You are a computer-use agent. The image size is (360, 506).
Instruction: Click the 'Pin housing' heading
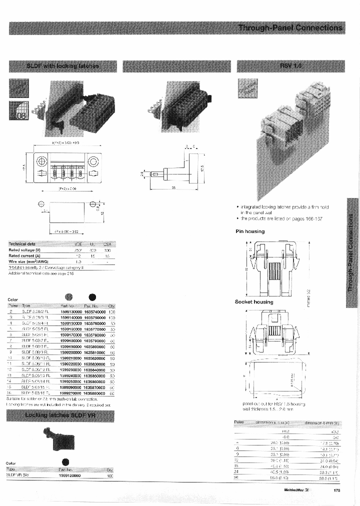pos(250,231)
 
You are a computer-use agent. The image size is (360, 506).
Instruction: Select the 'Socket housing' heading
pos(254,302)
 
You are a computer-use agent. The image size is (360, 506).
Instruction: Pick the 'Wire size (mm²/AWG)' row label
pos(28,261)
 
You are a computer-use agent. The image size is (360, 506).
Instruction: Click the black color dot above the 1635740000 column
pos(92,296)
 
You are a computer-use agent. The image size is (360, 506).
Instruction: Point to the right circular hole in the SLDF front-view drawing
pos(92,162)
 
